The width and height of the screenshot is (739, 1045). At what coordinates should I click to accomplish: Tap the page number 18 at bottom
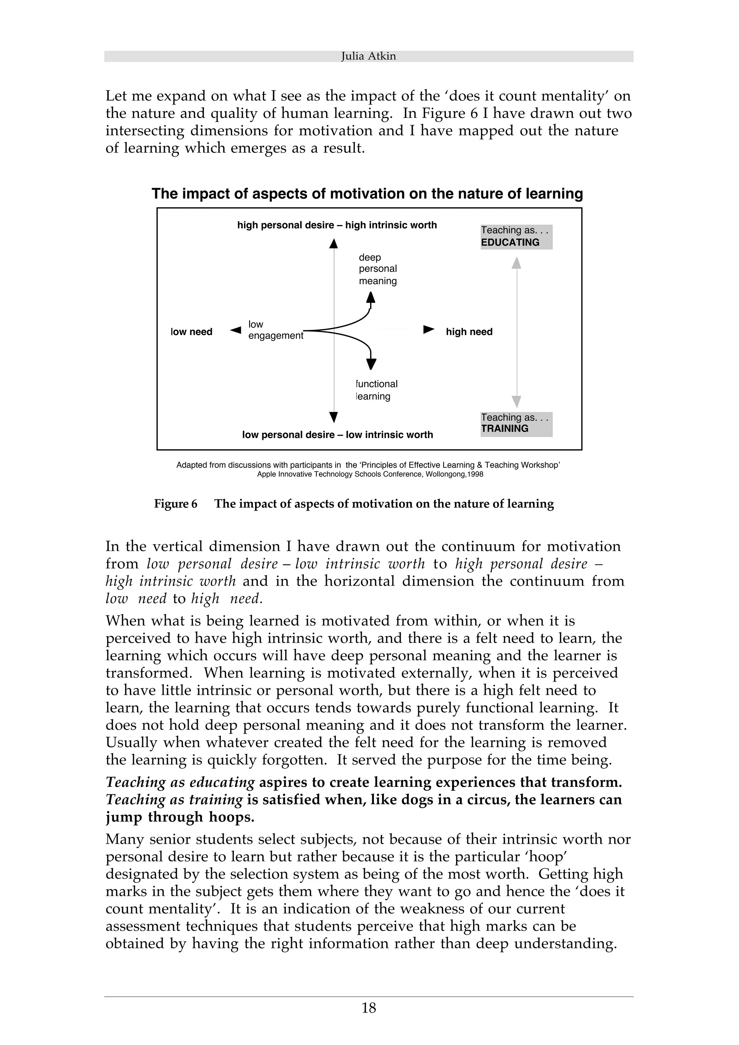368,1020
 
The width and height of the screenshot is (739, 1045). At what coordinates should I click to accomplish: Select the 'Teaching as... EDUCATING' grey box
516,237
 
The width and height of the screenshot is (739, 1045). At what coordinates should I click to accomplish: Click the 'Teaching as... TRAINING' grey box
516,423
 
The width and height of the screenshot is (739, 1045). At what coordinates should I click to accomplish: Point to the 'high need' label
469,332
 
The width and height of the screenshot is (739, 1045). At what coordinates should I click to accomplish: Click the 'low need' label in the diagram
191,332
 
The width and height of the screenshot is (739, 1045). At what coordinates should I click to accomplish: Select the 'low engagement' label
275,330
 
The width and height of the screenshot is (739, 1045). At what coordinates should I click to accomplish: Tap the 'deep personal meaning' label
377,269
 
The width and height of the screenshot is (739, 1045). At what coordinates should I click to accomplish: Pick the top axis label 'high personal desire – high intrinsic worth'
337,225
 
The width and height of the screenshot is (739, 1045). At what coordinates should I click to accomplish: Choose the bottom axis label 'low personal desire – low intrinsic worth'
337,435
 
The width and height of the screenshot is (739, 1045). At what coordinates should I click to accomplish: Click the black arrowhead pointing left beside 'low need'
235,330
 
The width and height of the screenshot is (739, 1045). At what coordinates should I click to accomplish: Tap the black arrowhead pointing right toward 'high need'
428,330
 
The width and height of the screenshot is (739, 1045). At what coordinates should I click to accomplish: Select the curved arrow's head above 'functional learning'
371,363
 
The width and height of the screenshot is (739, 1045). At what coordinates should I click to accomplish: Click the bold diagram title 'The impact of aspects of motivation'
367,194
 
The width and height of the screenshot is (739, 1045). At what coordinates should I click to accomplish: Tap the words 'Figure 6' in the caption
175,504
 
